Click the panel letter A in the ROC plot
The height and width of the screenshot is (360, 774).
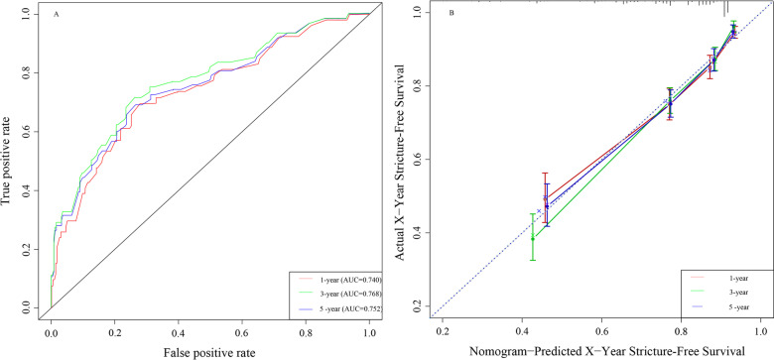56,17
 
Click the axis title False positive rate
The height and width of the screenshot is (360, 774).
209,350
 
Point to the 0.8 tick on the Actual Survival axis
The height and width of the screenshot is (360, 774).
419,86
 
